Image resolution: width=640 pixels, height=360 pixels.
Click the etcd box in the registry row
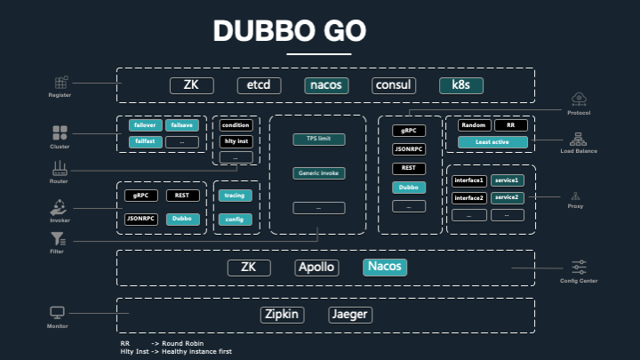[x=260, y=86]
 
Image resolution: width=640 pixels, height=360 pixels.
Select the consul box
[x=395, y=86]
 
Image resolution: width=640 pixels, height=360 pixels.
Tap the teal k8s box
[x=461, y=86]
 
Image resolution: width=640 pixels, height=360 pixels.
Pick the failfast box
[x=142, y=141]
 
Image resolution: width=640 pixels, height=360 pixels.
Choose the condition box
[x=236, y=125]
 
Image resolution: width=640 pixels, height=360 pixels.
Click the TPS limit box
[x=318, y=140]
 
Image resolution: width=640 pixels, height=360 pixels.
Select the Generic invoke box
[x=318, y=172]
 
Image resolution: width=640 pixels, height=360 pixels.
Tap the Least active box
[x=492, y=141]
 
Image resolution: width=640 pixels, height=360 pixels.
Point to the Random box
[x=473, y=125]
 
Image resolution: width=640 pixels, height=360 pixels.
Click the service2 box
[x=507, y=196]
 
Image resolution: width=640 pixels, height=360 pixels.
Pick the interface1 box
[x=468, y=180]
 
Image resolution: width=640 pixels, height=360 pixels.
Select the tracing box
[x=236, y=196]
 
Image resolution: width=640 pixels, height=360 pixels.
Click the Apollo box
[x=316, y=268]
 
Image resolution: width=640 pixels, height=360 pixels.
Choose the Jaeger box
[x=349, y=315]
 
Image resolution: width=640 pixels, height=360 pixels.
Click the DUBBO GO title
[x=289, y=32]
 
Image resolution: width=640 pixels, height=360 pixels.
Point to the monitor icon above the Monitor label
[x=58, y=313]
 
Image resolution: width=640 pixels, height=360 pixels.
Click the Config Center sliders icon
[x=579, y=267]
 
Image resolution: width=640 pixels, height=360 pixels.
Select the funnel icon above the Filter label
[x=58, y=238]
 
